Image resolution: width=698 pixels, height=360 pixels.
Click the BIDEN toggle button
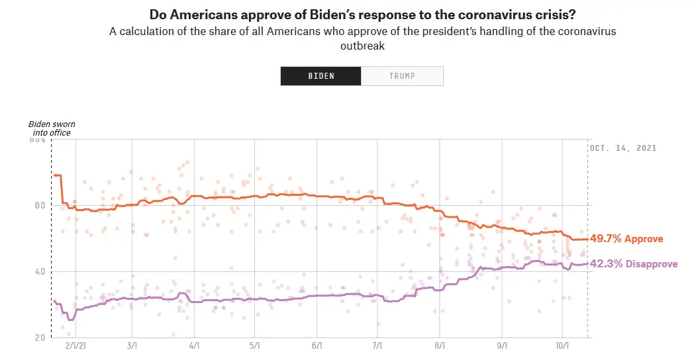click(321, 75)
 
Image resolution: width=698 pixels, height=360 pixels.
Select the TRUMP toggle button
click(402, 75)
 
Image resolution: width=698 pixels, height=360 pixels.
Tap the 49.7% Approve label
click(626, 239)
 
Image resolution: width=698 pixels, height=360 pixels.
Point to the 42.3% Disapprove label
click(633, 264)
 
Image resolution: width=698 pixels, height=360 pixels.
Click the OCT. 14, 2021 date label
click(623, 148)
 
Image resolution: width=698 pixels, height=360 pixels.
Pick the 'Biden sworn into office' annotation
click(50, 128)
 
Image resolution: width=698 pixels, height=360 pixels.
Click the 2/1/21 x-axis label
click(76, 345)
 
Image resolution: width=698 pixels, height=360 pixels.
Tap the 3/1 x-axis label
click(131, 345)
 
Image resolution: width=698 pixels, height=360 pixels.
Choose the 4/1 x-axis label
click(194, 345)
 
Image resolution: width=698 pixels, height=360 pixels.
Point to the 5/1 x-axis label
click(255, 345)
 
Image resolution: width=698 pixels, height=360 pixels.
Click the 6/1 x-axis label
click(317, 345)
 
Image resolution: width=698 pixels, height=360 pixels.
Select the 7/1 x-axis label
click(377, 345)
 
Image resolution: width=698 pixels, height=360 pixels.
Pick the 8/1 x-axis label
click(440, 345)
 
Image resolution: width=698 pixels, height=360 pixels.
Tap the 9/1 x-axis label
click(501, 345)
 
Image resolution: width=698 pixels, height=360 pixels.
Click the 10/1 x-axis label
click(562, 345)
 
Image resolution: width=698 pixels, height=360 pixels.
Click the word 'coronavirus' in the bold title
click(469, 15)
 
